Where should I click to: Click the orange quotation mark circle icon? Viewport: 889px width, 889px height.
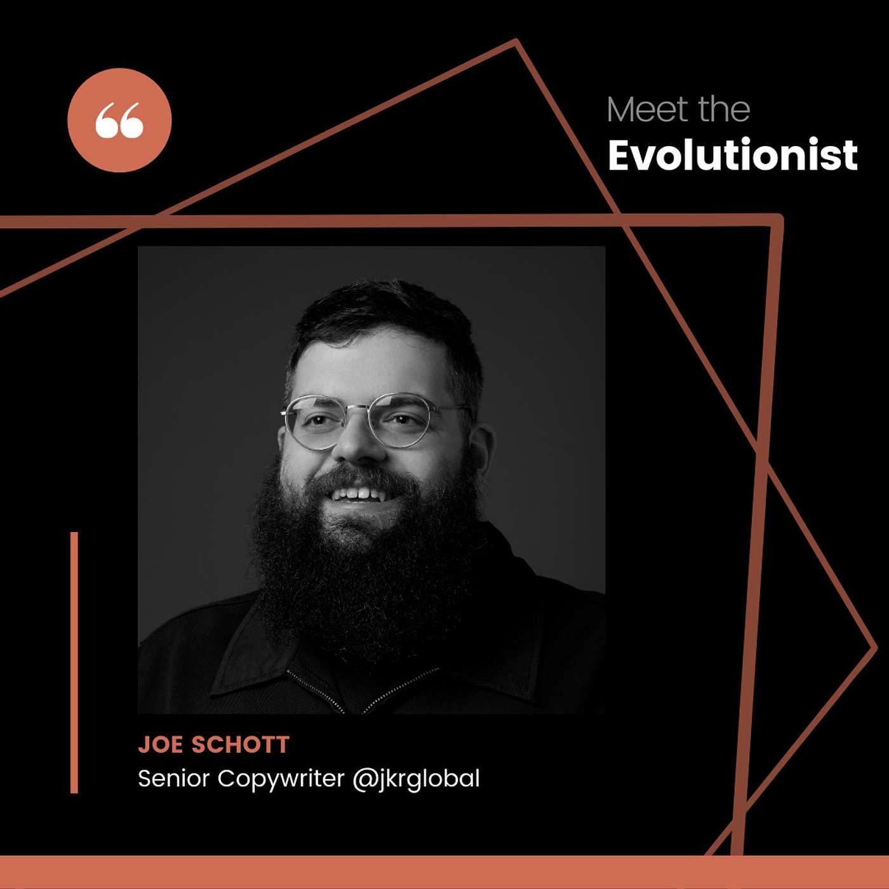pos(119,120)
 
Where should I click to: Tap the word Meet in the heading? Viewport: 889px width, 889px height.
pos(648,110)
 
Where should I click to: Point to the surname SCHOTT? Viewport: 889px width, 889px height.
pos(241,744)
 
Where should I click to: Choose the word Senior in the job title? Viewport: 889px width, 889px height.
pos(174,779)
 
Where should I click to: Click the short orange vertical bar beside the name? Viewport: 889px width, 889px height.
pos(74,663)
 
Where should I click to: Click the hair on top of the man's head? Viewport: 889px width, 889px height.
pos(383,309)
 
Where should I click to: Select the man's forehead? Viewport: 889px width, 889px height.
pos(369,364)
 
